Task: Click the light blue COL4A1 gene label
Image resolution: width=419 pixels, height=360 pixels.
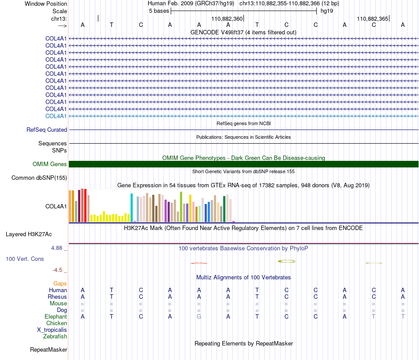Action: (x=56, y=116)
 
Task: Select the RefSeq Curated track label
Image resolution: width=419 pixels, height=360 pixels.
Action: (x=47, y=130)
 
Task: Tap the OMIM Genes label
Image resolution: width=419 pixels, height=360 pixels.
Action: (x=50, y=164)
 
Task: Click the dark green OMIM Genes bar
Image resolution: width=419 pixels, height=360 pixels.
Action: (x=243, y=164)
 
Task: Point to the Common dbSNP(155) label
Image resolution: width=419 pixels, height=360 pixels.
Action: (x=39, y=178)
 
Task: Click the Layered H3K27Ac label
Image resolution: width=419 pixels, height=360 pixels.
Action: (x=29, y=234)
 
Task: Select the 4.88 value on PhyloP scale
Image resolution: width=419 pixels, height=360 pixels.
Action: (x=56, y=248)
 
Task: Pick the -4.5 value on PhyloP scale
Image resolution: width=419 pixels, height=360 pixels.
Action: (x=57, y=270)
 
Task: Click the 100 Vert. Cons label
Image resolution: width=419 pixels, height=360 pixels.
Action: (x=25, y=259)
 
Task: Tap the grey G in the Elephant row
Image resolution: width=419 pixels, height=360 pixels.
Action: (x=199, y=317)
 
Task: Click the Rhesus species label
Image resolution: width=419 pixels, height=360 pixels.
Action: (x=57, y=297)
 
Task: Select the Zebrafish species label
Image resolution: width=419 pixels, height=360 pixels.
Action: (x=55, y=337)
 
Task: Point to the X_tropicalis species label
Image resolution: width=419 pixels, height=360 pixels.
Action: (x=52, y=330)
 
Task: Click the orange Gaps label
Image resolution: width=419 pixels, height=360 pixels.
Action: (x=60, y=284)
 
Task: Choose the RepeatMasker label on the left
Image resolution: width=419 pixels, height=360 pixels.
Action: (x=49, y=350)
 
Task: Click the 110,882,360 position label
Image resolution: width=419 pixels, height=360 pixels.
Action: (x=227, y=19)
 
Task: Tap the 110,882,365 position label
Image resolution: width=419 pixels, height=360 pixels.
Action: (x=373, y=19)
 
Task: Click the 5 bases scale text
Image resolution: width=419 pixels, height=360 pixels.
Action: (x=159, y=11)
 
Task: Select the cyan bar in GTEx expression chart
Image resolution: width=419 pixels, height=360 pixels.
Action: (x=131, y=208)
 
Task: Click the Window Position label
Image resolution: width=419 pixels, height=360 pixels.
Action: (x=46, y=4)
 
